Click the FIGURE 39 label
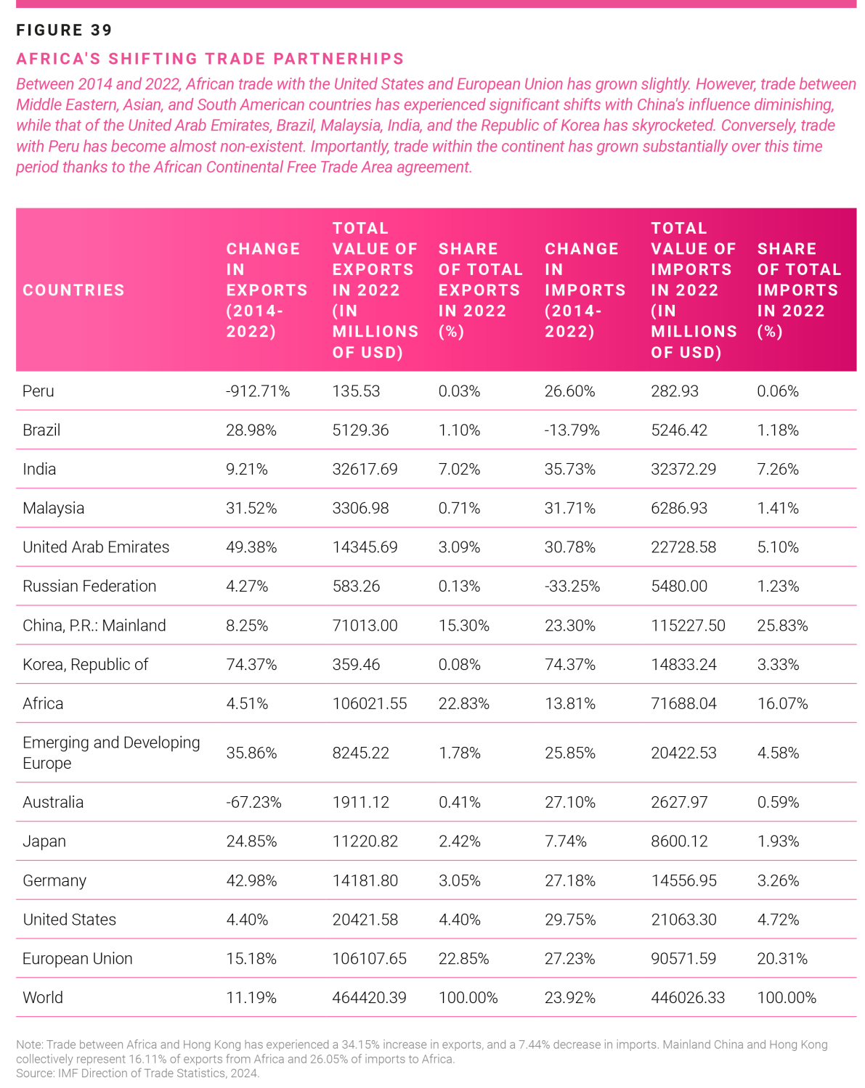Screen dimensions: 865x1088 (x=64, y=30)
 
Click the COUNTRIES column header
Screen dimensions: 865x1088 (x=73, y=290)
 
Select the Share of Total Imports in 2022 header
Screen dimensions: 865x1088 (x=799, y=290)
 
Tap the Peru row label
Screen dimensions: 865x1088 (x=38, y=390)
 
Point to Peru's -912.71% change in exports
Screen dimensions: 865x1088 (x=258, y=390)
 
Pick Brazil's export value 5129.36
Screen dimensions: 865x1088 (x=360, y=430)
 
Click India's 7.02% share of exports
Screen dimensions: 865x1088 (x=459, y=469)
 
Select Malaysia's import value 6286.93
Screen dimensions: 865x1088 (x=679, y=507)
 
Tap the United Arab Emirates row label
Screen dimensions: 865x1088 (x=96, y=547)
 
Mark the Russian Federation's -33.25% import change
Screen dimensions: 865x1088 (x=572, y=586)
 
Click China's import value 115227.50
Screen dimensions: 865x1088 (x=688, y=626)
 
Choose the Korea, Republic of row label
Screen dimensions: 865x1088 (x=86, y=664)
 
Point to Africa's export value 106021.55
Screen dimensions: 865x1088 (x=369, y=703)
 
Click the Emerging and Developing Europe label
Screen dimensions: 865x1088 (x=111, y=752)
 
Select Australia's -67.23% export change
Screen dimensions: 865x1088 (x=253, y=802)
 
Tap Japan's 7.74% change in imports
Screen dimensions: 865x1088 (x=566, y=840)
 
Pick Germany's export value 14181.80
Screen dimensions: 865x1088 (x=365, y=880)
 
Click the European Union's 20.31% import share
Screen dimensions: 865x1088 (x=782, y=958)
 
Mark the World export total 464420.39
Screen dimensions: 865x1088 (x=369, y=997)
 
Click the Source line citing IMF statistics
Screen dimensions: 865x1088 (x=137, y=1073)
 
